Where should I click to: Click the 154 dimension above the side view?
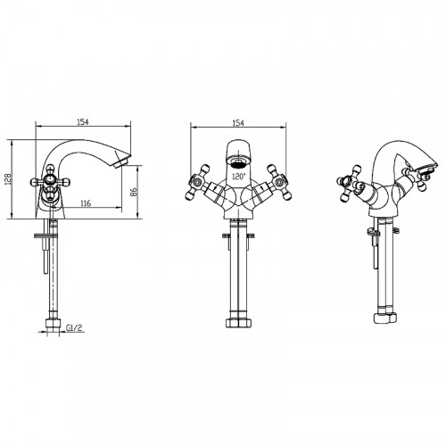(x=83, y=122)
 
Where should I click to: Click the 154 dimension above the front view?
(x=238, y=123)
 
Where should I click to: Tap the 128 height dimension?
(x=8, y=179)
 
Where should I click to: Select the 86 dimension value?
(x=134, y=192)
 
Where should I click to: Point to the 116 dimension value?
(x=86, y=203)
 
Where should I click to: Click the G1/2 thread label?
(x=74, y=327)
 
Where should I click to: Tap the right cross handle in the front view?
(x=278, y=182)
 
